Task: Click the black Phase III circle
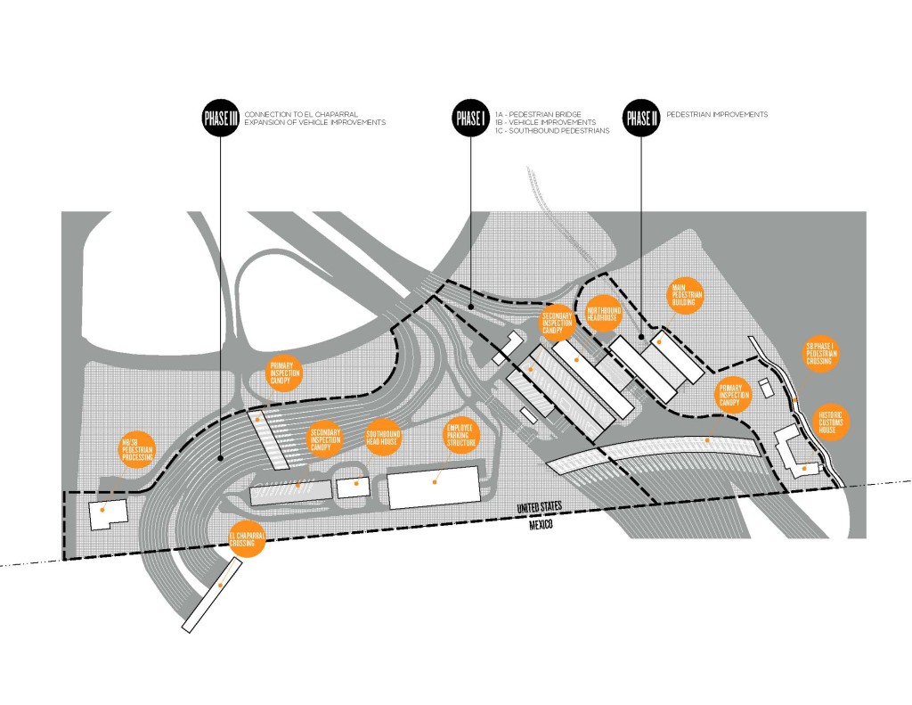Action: point(220,119)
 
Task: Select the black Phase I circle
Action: point(470,119)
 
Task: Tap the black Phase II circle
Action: point(640,119)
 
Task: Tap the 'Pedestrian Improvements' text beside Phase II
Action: point(721,115)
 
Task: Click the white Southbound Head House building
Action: point(354,488)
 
